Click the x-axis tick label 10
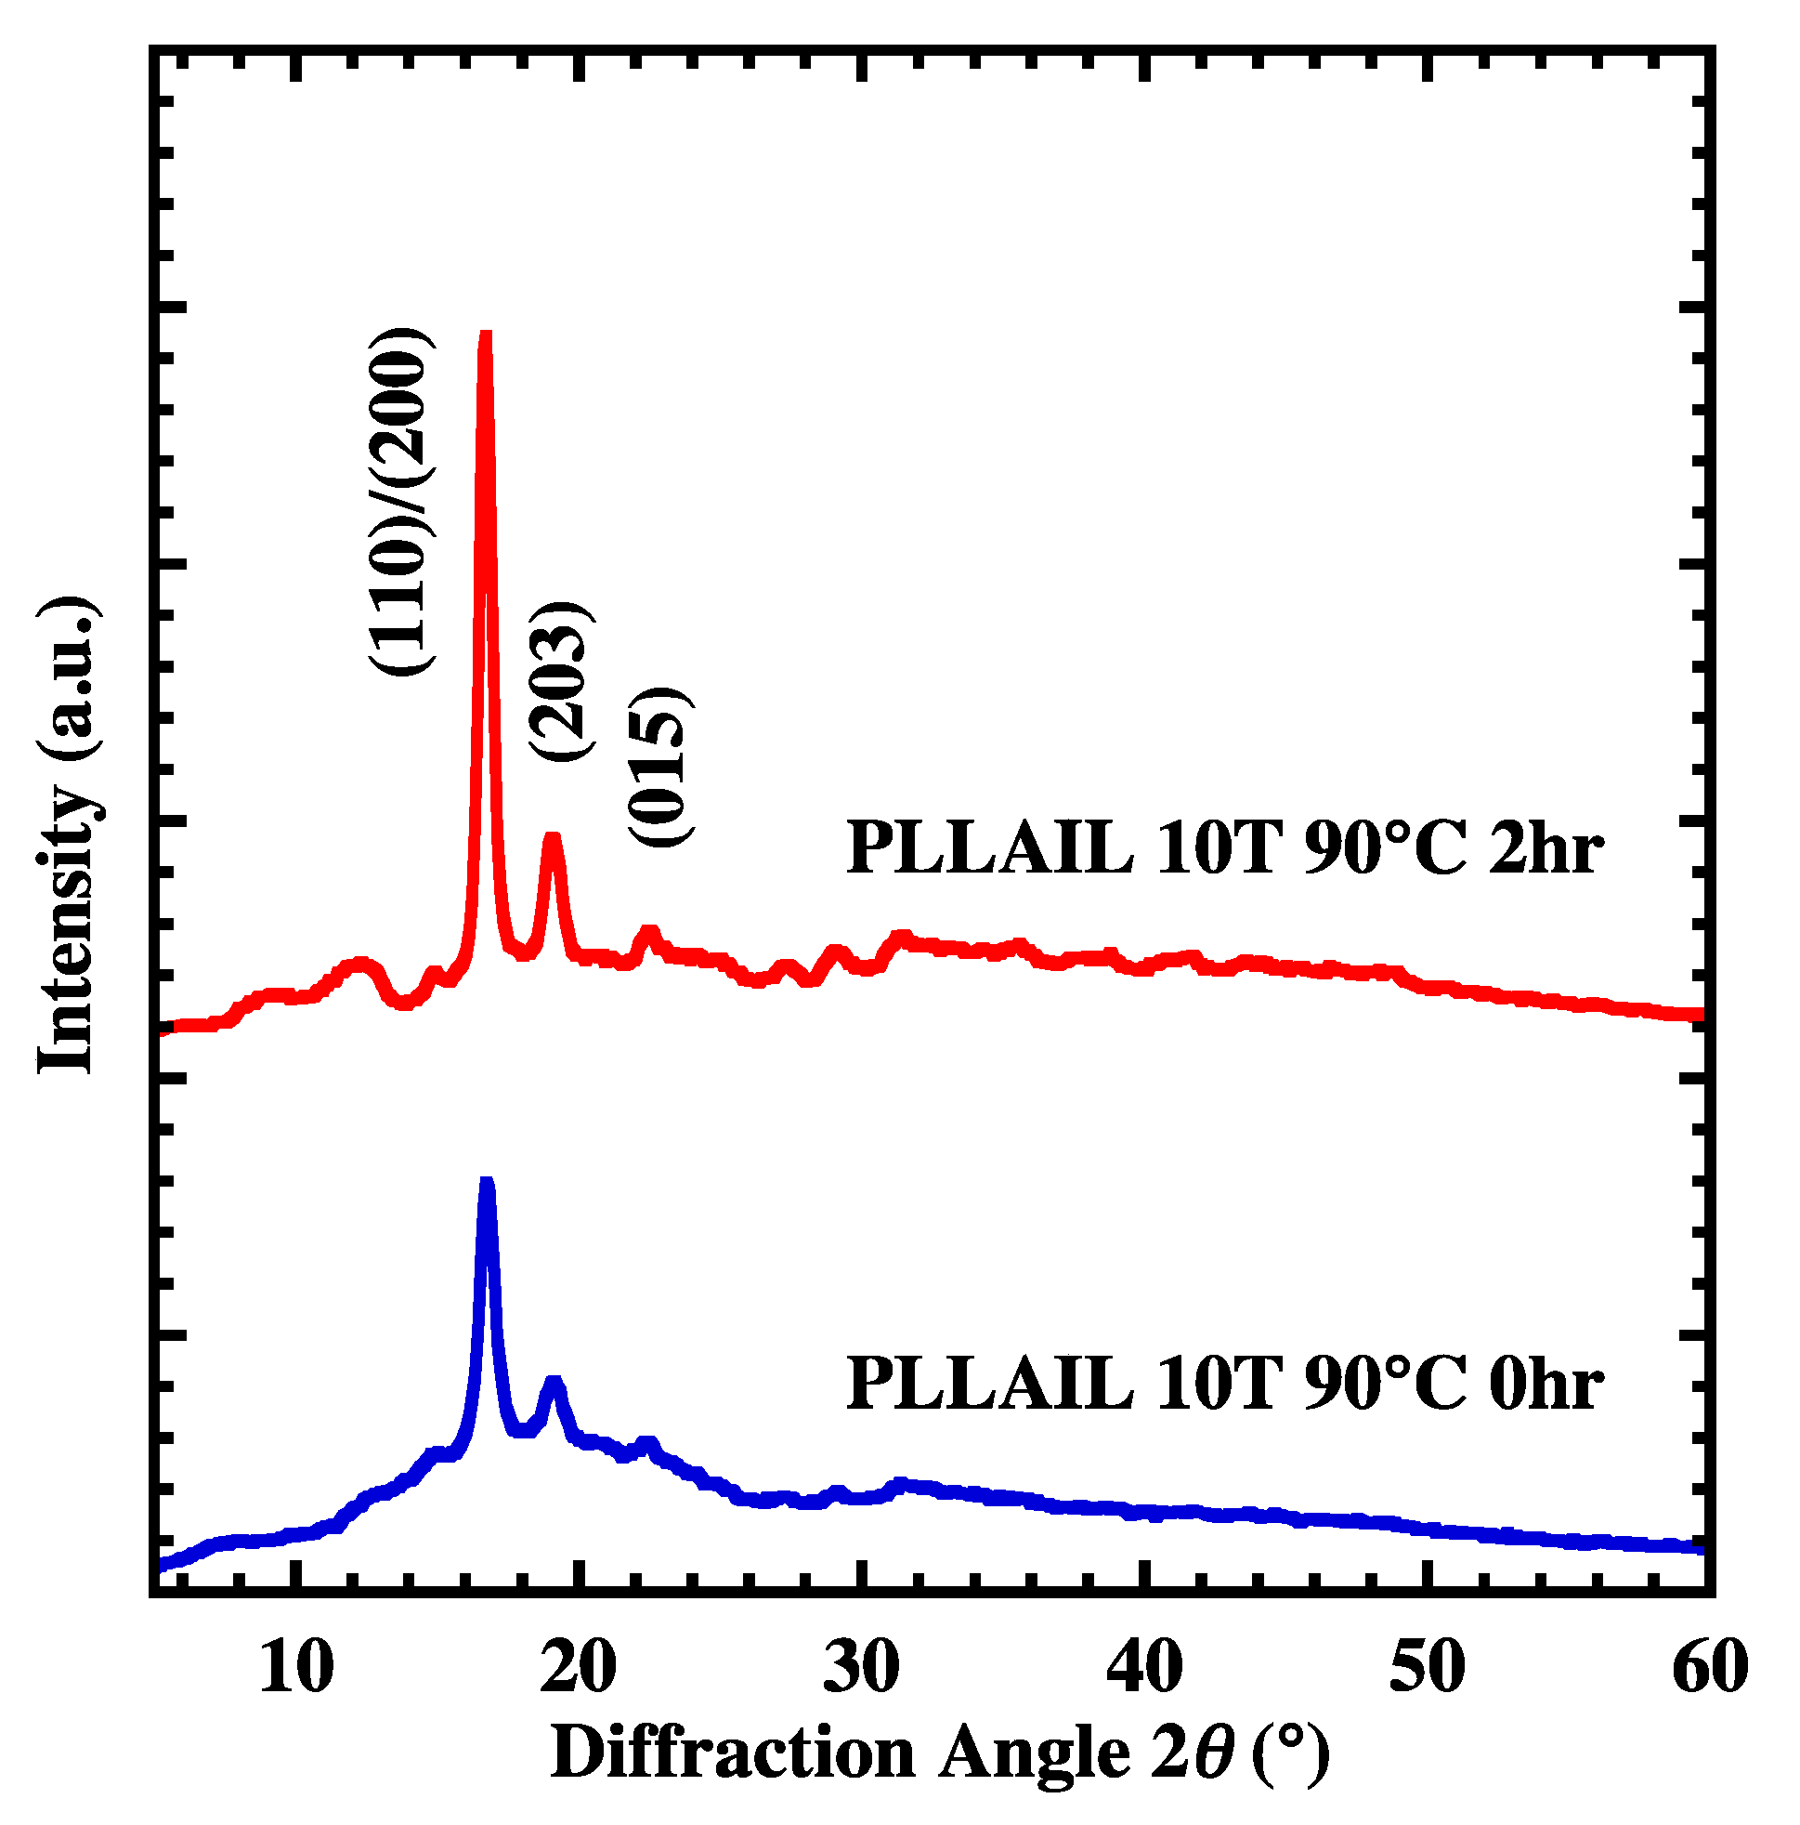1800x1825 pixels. click(295, 1669)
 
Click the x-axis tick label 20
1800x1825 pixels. click(579, 1669)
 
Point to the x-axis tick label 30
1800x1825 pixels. click(861, 1669)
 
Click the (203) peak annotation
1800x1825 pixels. click(561, 680)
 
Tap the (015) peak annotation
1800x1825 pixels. click(660, 767)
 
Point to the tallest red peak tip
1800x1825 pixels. click(487, 335)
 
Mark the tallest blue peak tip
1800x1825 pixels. click(487, 1183)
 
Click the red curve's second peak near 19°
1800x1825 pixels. click(553, 838)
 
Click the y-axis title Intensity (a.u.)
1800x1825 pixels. click(68, 835)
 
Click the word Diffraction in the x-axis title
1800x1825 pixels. click(732, 1753)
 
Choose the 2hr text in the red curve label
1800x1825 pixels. click(1545, 847)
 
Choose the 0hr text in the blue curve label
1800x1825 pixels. click(1545, 1385)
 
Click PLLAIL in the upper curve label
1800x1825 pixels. click(989, 847)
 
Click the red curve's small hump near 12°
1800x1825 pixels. click(358, 965)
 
